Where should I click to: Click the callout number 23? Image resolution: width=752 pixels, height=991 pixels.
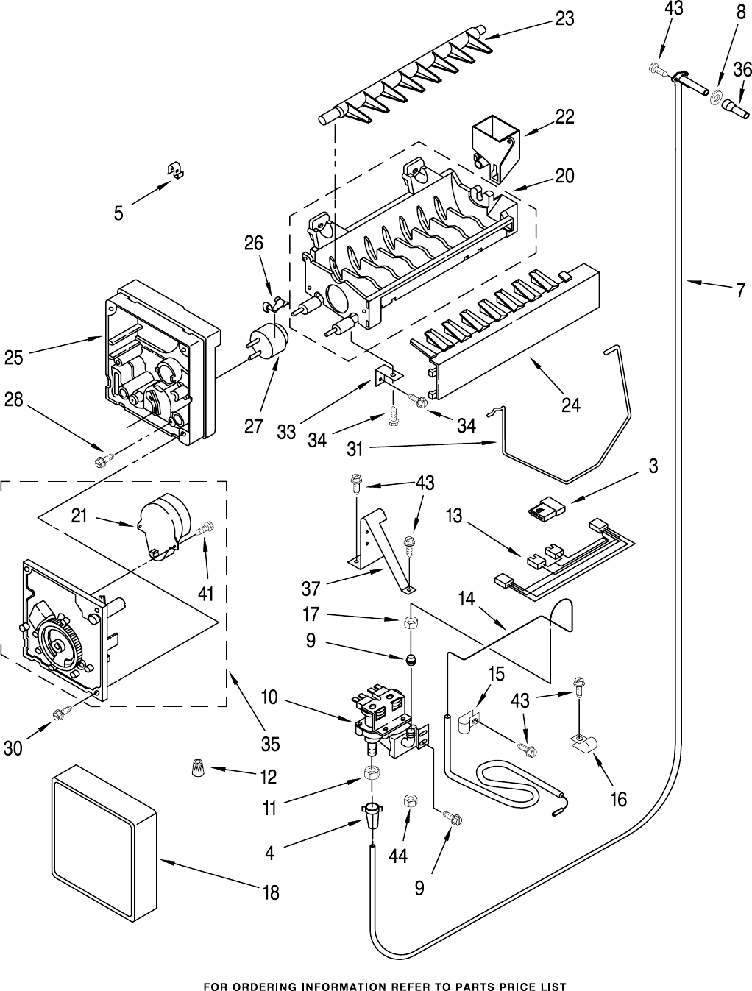click(564, 20)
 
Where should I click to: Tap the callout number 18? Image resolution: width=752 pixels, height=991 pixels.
click(270, 892)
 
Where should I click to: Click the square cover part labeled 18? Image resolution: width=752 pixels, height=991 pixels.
click(104, 837)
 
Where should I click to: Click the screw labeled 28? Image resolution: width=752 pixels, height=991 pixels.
click(101, 461)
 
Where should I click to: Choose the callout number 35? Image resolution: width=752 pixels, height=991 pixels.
click(270, 744)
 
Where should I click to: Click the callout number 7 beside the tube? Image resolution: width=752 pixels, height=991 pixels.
click(739, 291)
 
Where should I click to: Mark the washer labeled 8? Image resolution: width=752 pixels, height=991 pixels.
click(715, 95)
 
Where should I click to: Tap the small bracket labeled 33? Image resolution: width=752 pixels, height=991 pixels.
click(386, 374)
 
